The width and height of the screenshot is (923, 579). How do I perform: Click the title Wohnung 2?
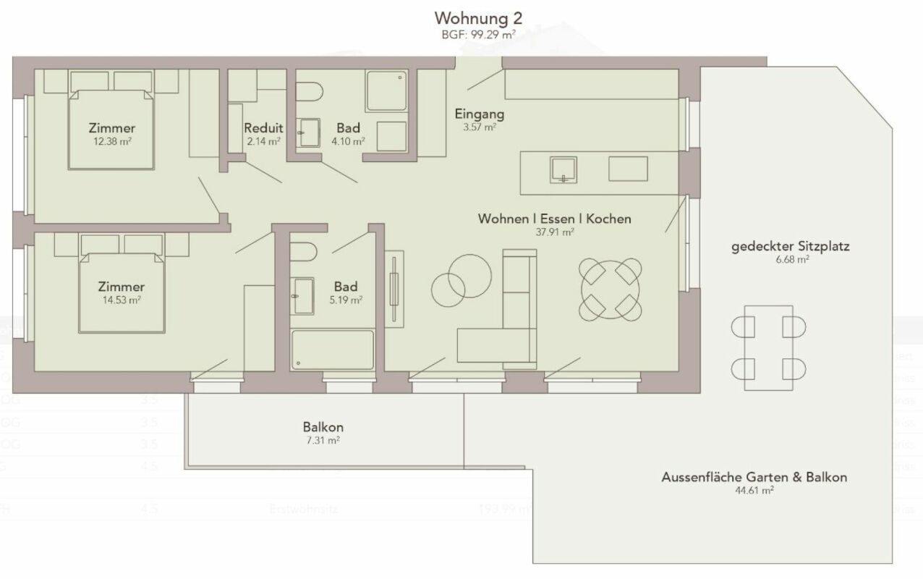(x=477, y=17)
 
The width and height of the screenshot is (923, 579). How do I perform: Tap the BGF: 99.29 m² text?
(x=478, y=33)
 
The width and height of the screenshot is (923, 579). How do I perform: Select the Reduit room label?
(x=263, y=128)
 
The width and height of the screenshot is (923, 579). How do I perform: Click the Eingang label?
(x=479, y=114)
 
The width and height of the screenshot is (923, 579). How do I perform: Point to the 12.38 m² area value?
(x=111, y=142)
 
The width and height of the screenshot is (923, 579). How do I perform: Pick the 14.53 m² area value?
(x=121, y=300)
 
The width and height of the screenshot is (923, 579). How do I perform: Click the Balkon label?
(x=323, y=426)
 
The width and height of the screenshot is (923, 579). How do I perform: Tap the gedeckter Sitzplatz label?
(x=789, y=246)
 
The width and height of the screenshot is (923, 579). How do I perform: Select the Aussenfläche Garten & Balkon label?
(x=754, y=477)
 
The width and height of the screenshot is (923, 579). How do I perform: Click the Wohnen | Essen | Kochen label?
(x=554, y=219)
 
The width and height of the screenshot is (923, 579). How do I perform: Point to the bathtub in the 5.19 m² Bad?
(x=332, y=350)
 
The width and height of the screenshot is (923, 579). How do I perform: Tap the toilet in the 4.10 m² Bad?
(x=310, y=93)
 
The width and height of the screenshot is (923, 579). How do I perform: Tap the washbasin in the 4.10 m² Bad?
(x=310, y=133)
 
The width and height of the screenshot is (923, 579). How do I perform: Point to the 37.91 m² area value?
(x=554, y=232)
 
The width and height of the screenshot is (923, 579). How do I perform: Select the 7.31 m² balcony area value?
(x=323, y=440)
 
